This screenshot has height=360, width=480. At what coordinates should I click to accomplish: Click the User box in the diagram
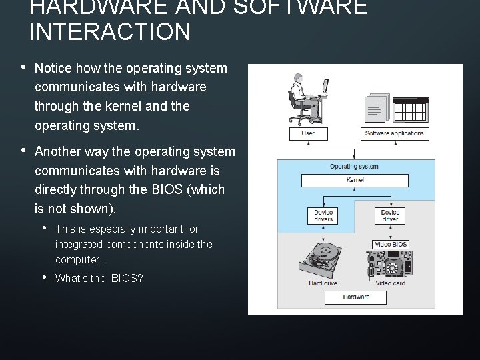click(308, 133)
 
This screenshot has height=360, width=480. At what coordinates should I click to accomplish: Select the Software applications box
click(394, 133)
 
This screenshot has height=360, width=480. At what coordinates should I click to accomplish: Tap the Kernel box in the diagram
click(355, 181)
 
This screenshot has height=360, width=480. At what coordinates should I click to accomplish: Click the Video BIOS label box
click(391, 245)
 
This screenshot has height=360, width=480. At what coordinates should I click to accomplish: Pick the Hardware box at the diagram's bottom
click(355, 297)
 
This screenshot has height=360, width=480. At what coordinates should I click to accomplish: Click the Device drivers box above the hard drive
click(323, 216)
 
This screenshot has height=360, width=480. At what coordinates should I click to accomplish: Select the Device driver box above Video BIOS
click(391, 216)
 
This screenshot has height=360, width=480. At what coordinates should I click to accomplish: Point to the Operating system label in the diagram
click(354, 167)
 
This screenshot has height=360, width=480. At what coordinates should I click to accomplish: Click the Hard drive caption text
click(323, 283)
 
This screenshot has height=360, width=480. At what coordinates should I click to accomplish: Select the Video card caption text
click(390, 283)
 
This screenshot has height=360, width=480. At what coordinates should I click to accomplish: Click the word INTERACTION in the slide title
click(110, 31)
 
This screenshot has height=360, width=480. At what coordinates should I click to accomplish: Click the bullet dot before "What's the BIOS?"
click(44, 277)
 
